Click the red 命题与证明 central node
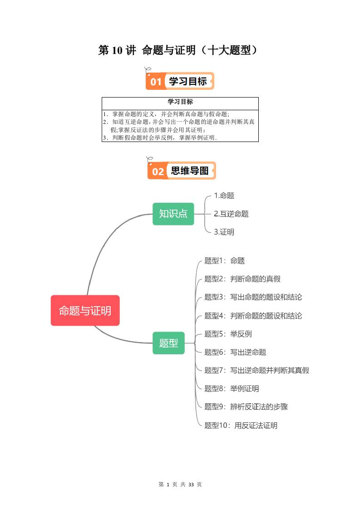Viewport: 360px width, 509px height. [x=85, y=311]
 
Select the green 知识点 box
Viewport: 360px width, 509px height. [x=173, y=214]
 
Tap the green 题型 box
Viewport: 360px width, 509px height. [x=168, y=343]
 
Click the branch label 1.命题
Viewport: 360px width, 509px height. [x=224, y=196]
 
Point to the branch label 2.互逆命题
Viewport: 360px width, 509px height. [x=231, y=214]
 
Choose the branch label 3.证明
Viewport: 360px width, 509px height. [x=224, y=232]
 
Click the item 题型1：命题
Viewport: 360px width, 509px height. [x=224, y=261]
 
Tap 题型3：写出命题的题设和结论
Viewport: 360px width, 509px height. [x=253, y=297]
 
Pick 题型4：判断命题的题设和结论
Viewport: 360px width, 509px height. [x=253, y=316]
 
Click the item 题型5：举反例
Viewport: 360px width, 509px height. [x=228, y=334]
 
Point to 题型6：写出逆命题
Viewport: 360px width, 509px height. [x=235, y=352]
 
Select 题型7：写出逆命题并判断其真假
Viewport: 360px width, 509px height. [x=256, y=370]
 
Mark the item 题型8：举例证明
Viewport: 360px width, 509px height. [x=232, y=389]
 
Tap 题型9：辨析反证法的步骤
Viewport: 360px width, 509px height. [x=246, y=407]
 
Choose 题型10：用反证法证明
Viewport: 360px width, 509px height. [x=241, y=426]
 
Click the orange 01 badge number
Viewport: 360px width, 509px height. [x=156, y=82]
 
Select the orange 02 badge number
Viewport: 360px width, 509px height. [x=158, y=171]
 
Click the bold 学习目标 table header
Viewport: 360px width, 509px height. [x=180, y=102]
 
